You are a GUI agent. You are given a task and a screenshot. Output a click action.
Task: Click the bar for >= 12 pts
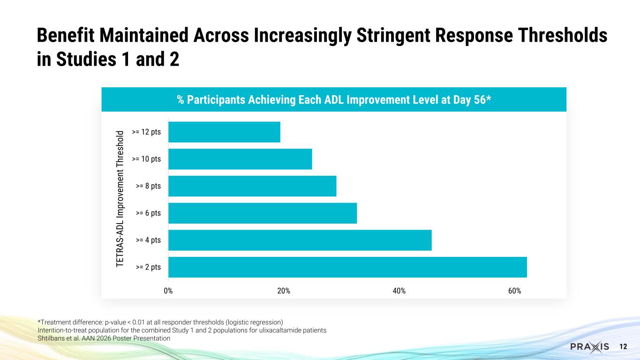pos(224,132)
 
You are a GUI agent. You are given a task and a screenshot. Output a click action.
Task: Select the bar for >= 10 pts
pos(240,159)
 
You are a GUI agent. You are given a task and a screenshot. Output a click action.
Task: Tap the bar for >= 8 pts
pos(252,186)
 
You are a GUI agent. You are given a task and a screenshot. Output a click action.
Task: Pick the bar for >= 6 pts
pos(263,213)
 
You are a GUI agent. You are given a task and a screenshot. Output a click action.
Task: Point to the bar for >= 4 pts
pos(300,240)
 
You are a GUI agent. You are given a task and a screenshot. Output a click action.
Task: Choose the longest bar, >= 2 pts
pos(348,267)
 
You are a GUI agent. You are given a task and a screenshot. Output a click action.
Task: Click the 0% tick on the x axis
pos(168,291)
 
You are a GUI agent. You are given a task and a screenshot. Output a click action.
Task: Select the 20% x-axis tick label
pos(284,291)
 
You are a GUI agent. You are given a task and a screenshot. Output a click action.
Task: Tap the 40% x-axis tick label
pos(399,291)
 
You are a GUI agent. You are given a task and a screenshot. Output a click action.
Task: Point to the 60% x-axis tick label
pos(514,291)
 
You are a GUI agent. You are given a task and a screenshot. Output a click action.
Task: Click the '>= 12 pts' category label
pos(146,132)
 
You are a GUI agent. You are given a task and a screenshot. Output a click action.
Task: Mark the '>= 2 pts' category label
pos(148,267)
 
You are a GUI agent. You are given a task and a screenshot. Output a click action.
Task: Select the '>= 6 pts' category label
pos(148,213)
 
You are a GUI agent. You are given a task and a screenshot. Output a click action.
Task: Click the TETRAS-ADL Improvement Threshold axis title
pos(120,199)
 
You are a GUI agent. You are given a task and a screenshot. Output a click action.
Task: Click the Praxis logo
pos(590,347)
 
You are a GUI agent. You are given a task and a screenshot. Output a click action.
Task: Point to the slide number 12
pos(623,347)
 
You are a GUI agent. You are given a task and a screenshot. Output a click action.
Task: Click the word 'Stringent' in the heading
pos(393,36)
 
